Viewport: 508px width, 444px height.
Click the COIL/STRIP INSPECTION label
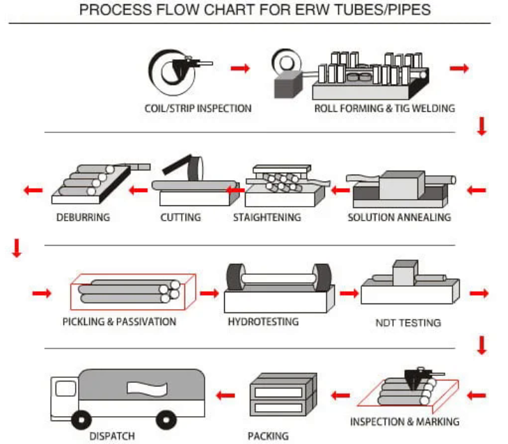tap(198, 108)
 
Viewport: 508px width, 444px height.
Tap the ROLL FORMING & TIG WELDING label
tap(384, 108)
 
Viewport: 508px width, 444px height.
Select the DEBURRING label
tap(83, 217)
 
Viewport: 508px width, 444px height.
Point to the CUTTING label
tap(180, 217)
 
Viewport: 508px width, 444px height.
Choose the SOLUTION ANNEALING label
tap(399, 217)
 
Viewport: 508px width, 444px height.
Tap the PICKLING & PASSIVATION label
tap(119, 322)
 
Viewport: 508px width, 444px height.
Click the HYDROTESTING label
tap(262, 322)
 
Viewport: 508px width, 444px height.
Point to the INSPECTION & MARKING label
tap(404, 422)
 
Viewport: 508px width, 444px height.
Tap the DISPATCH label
tap(112, 436)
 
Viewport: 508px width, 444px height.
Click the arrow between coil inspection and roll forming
tap(240, 68)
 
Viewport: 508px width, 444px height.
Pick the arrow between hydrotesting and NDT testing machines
tap(347, 294)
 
